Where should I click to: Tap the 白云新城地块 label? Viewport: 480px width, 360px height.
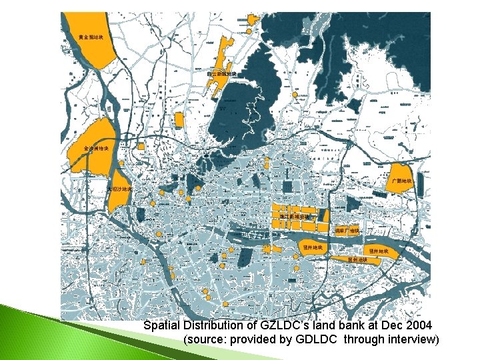coord(221,73)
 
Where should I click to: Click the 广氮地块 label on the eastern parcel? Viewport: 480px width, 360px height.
coord(402,181)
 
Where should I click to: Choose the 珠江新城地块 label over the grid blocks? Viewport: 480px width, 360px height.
coord(297,216)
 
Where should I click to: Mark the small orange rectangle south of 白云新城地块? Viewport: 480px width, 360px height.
coord(179,121)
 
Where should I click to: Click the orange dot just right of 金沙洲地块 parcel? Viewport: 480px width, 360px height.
coord(123,163)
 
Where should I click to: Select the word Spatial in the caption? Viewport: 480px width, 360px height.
coord(162,325)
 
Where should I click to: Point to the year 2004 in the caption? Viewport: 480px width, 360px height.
coord(417,325)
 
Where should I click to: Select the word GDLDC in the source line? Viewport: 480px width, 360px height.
coord(321,339)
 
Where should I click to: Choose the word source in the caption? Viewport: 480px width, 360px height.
coord(203,339)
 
